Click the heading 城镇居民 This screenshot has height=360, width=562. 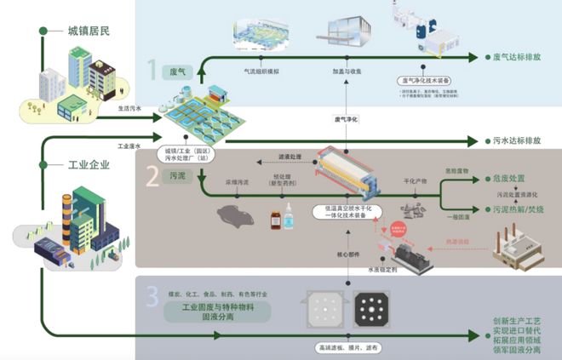click(89, 31)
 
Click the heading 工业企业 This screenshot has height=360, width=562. click(89, 164)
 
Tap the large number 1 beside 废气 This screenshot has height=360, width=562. click(153, 69)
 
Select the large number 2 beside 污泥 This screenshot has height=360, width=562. click(152, 176)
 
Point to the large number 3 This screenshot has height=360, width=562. click(152, 296)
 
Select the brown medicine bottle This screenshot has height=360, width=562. click(275, 220)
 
